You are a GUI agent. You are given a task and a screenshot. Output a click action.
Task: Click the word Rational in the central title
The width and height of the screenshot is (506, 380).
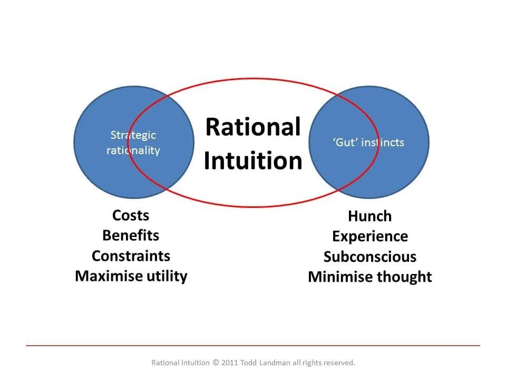(x=253, y=127)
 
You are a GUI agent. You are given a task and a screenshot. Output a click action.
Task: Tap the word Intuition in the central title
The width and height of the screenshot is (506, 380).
(x=253, y=161)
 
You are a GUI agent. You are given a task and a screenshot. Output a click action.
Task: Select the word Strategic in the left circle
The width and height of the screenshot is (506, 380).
(x=133, y=136)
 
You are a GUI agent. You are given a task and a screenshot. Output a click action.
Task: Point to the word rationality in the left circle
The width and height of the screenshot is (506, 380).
(x=133, y=150)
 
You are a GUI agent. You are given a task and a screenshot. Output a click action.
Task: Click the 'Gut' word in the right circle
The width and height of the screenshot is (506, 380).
(x=345, y=142)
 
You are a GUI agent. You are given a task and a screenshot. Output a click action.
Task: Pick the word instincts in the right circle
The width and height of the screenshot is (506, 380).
(x=383, y=142)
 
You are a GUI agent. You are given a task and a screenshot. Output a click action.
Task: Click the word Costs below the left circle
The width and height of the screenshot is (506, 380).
(x=131, y=215)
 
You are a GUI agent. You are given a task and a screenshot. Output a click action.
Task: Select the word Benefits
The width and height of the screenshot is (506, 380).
(x=131, y=235)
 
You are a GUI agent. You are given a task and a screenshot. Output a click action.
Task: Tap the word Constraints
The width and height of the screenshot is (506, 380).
(x=131, y=256)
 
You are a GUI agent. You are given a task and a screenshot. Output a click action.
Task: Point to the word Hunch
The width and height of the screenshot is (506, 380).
(x=370, y=216)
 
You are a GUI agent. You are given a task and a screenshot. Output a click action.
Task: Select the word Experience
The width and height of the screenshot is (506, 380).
(x=370, y=236)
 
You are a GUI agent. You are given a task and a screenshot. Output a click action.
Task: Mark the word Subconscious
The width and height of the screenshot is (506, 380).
(x=370, y=257)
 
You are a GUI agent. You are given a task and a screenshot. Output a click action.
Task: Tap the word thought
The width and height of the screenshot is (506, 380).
(x=406, y=277)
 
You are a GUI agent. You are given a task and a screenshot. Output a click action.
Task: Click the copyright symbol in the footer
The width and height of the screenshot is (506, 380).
(x=216, y=363)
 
